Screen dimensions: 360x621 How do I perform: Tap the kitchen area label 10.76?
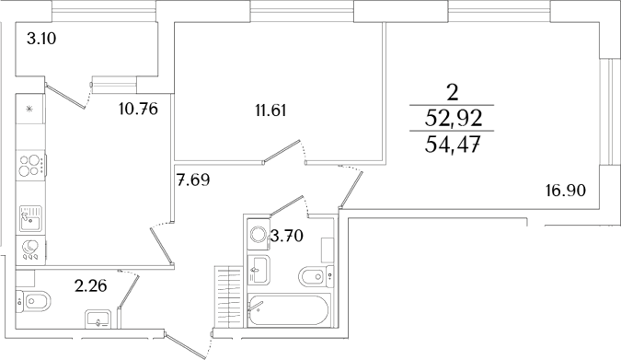(x=139, y=109)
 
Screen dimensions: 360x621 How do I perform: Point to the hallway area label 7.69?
(x=194, y=180)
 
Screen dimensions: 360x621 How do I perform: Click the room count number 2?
(x=452, y=91)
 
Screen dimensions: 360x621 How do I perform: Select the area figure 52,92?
(x=452, y=118)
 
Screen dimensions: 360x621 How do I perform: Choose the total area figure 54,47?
(x=452, y=145)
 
